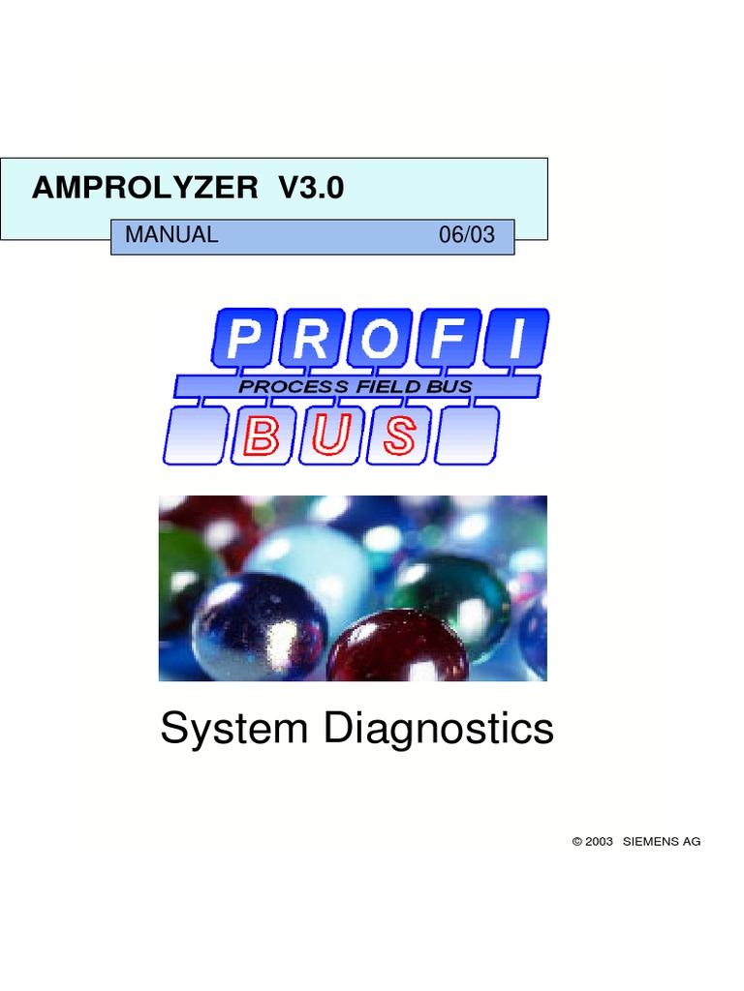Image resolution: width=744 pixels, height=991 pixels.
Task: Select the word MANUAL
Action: tap(171, 235)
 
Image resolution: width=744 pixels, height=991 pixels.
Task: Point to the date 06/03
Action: tap(466, 235)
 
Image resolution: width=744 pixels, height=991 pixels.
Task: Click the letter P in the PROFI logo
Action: tap(244, 340)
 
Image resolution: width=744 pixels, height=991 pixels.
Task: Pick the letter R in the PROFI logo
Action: tap(312, 340)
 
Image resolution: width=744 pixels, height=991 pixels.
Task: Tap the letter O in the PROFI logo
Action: tap(381, 340)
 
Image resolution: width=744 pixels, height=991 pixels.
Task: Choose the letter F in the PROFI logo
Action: tap(449, 340)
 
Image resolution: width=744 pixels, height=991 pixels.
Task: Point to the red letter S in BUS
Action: tap(399, 435)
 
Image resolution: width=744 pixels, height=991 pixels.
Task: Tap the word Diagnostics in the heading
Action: tap(439, 729)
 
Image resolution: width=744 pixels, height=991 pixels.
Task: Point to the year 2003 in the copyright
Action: tap(600, 842)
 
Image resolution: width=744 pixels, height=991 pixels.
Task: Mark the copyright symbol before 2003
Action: tap(577, 842)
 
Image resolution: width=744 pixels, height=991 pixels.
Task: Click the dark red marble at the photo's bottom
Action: tap(397, 648)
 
